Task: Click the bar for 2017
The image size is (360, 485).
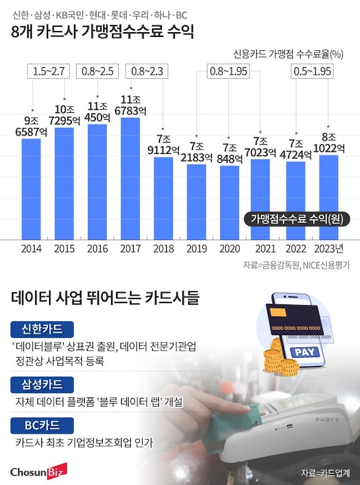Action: pyautogui.click(x=130, y=178)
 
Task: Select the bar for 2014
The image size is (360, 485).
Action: pyautogui.click(x=31, y=188)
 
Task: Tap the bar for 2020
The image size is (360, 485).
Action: pyautogui.click(x=230, y=202)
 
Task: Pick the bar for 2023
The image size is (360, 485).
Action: pyautogui.click(x=329, y=196)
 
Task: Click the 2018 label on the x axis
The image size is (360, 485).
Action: pyautogui.click(x=164, y=249)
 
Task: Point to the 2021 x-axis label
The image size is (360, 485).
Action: pyautogui.click(x=263, y=249)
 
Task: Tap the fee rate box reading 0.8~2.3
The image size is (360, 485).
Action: pyautogui.click(x=147, y=72)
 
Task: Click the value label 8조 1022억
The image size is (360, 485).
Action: pyautogui.click(x=328, y=143)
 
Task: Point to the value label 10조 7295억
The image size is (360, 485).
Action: pyautogui.click(x=64, y=115)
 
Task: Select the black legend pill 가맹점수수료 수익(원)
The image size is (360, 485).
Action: pyautogui.click(x=296, y=219)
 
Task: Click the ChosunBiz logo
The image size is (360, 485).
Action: pyautogui.click(x=39, y=470)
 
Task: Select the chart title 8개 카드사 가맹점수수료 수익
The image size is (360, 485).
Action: pyautogui.click(x=102, y=32)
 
